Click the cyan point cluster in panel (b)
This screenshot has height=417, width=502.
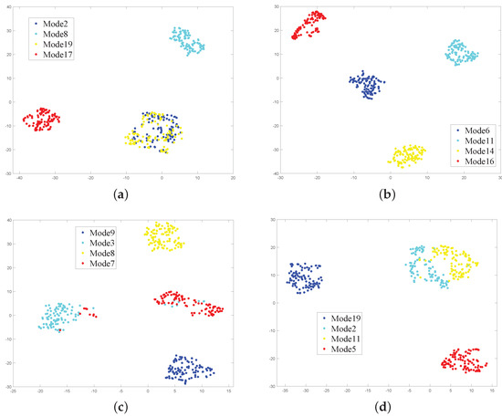(x=461, y=52)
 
